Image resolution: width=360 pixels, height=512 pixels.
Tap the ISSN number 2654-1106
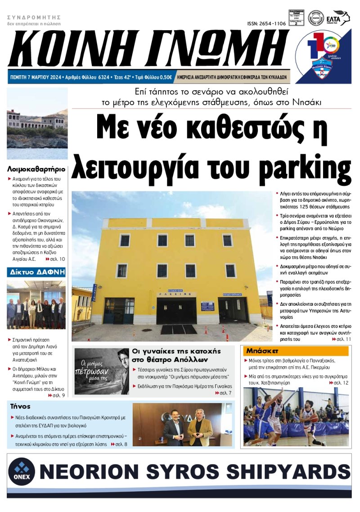pyautogui.click(x=266, y=23)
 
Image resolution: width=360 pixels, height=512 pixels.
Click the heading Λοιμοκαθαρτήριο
pyautogui.click(x=36, y=169)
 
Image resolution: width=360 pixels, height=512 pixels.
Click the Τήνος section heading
pyautogui.click(x=20, y=406)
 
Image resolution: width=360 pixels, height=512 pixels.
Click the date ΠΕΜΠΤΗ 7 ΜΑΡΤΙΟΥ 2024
pyautogui.click(x=36, y=77)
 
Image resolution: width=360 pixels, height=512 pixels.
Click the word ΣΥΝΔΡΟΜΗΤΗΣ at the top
pyautogui.click(x=34, y=18)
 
